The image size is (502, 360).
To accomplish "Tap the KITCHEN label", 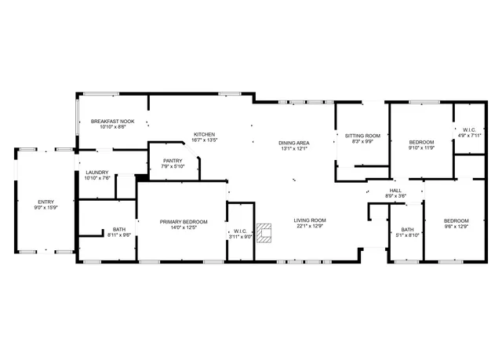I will tap(205, 134).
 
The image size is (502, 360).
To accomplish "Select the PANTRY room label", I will tap(173, 160).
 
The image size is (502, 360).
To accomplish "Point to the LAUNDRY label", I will tap(97, 172).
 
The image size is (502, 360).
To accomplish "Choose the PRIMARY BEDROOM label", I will tap(184, 221).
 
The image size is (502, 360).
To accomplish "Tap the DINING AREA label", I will tap(293, 143).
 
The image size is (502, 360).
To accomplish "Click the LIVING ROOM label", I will tap(310, 220).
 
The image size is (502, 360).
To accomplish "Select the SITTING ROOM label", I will tap(362, 136).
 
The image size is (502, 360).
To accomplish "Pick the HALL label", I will tap(396, 191).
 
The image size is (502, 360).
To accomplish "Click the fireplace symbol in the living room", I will tap(266, 233).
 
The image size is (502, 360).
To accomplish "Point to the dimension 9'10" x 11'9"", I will tap(421, 147).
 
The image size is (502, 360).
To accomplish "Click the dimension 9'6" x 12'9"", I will tap(456, 227).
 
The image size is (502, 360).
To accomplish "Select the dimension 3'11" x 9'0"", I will tap(240, 236).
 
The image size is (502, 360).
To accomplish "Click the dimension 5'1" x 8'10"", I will tap(407, 235).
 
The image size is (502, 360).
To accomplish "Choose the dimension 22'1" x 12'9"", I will tap(310, 227).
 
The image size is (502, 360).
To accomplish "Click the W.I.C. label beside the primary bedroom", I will tap(240, 231).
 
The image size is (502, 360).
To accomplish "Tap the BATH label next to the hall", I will tap(407, 229).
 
